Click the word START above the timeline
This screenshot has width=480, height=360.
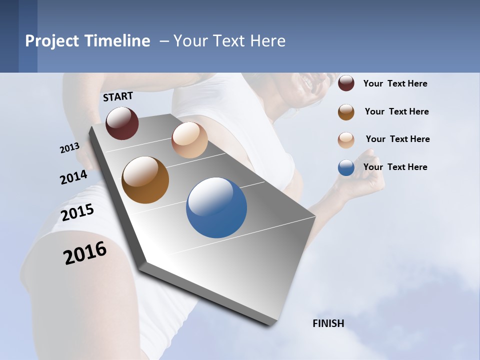[x=118, y=96]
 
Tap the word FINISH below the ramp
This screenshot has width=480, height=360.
[x=328, y=323]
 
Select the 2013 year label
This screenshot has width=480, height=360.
[x=69, y=148]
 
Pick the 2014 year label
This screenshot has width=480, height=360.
[x=73, y=177]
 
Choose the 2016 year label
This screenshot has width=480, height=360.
[x=85, y=253]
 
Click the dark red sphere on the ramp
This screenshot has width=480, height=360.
[x=122, y=123]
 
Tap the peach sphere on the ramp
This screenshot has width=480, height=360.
[x=189, y=140]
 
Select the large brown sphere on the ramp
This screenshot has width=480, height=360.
[x=145, y=180]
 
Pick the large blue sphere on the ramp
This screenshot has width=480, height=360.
[x=216, y=207]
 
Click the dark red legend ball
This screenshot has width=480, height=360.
[x=346, y=83]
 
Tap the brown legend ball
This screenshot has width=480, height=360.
[x=346, y=112]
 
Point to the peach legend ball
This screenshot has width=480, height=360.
[x=346, y=140]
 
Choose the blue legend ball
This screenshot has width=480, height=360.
[x=346, y=167]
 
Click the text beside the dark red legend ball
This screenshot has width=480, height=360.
[x=395, y=83]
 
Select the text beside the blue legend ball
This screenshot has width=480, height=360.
[x=395, y=167]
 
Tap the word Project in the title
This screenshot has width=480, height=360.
[x=52, y=41]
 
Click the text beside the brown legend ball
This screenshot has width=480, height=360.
[x=396, y=111]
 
